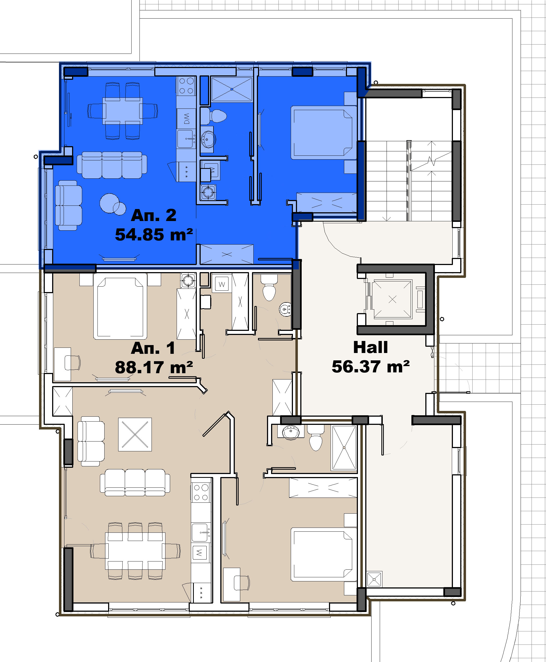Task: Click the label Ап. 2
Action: point(153,215)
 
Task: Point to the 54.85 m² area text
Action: point(154,234)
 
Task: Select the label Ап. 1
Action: point(153,348)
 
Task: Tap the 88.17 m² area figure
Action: point(154,367)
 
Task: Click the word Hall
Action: point(370,347)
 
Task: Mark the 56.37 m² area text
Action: point(370,367)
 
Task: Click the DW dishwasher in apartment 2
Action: point(186,118)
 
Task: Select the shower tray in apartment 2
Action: point(232,89)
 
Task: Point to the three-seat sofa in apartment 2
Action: point(112,165)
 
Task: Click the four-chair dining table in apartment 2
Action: point(123,111)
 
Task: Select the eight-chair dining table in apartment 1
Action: point(135,551)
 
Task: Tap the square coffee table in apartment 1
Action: point(135,434)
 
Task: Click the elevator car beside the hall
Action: point(392,299)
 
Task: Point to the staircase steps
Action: point(409,181)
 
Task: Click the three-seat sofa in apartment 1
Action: point(135,482)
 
